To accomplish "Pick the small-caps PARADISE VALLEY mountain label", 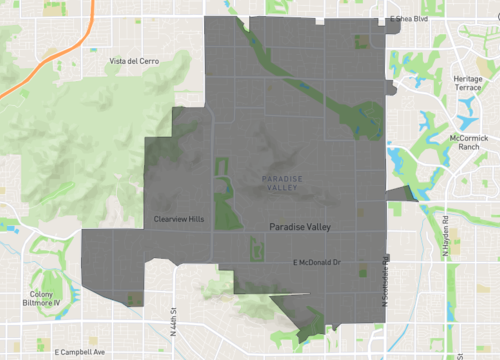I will [x=280, y=184].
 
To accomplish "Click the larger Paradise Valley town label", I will [x=300, y=227].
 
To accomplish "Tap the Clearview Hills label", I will [x=179, y=219].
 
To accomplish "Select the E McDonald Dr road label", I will [x=317, y=262].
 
